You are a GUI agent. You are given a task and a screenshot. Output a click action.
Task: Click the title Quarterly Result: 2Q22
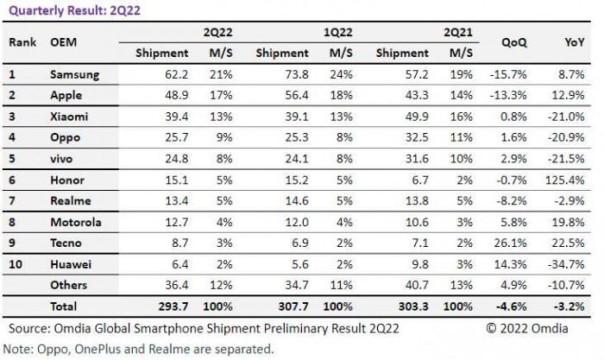click(x=66, y=10)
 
